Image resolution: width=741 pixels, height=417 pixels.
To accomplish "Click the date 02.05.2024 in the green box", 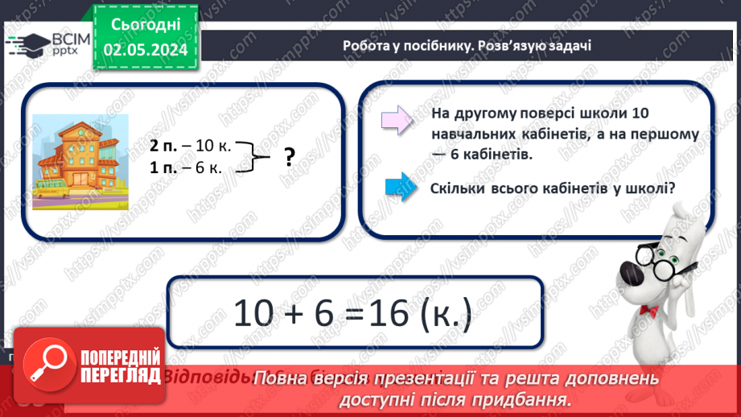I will pyautogui.click(x=146, y=50).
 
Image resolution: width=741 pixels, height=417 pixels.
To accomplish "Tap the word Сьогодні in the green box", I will pyautogui.click(x=146, y=25).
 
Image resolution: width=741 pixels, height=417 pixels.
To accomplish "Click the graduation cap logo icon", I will pyautogui.click(x=26, y=45).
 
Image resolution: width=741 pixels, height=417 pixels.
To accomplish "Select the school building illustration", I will pyautogui.click(x=79, y=160).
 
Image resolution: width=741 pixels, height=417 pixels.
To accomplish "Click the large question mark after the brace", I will pyautogui.click(x=289, y=158).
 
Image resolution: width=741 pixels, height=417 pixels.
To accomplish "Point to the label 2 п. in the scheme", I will pyautogui.click(x=163, y=147).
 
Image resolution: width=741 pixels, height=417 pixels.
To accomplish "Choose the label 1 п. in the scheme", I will pyautogui.click(x=163, y=167).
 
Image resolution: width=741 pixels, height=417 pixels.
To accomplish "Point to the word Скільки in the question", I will pyautogui.click(x=457, y=188).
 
